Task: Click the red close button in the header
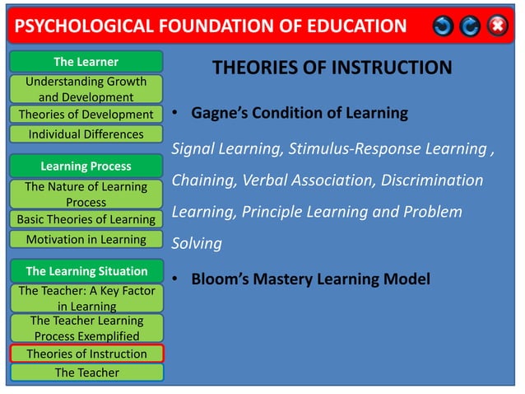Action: tap(498, 26)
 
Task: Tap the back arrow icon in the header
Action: tap(444, 26)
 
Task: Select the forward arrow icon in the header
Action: tap(470, 26)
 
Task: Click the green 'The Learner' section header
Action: tap(86, 62)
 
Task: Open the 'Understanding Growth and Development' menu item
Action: tap(86, 89)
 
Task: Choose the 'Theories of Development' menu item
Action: tap(86, 115)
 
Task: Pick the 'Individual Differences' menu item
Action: tap(86, 134)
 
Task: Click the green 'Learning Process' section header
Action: tap(86, 167)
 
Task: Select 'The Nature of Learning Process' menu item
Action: tap(86, 194)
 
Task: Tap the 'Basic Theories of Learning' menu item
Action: tap(86, 219)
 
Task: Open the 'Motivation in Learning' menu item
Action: tap(86, 240)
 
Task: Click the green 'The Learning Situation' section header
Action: tap(86, 271)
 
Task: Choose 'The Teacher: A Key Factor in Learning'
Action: tap(86, 298)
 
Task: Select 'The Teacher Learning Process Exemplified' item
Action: tap(86, 328)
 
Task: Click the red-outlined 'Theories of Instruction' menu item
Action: tap(86, 354)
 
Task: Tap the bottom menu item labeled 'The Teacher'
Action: tap(86, 373)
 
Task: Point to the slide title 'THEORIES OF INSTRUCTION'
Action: tap(332, 68)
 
